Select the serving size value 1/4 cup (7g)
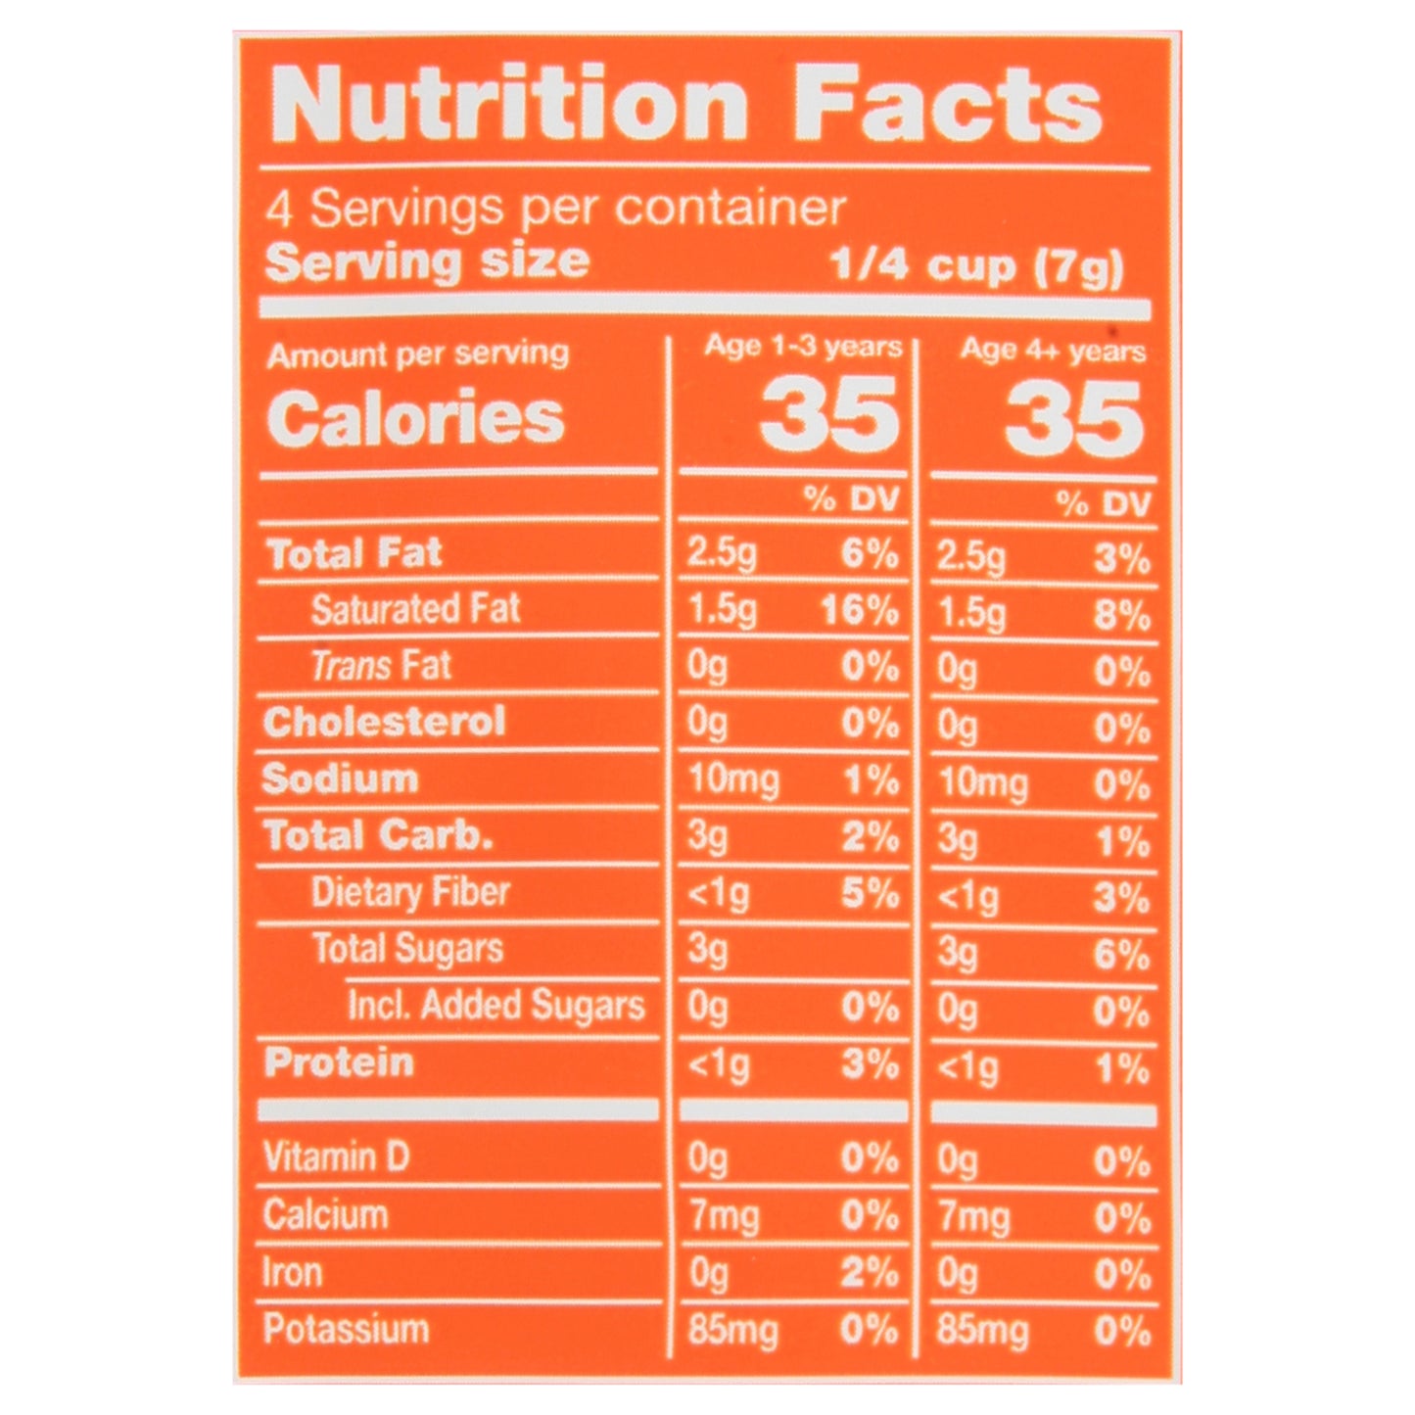977,266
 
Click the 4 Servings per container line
556,209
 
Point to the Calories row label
415,418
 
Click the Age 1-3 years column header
803,347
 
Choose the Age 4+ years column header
1053,350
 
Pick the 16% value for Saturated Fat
860,611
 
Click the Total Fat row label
354,554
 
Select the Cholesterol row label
384,723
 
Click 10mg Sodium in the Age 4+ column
983,783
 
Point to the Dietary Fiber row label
410,892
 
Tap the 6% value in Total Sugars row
1121,954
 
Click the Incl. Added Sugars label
496,1006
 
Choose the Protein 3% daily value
870,1064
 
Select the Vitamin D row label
336,1157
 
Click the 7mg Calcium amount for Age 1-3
723,1216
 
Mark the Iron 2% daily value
870,1273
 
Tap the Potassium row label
346,1330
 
